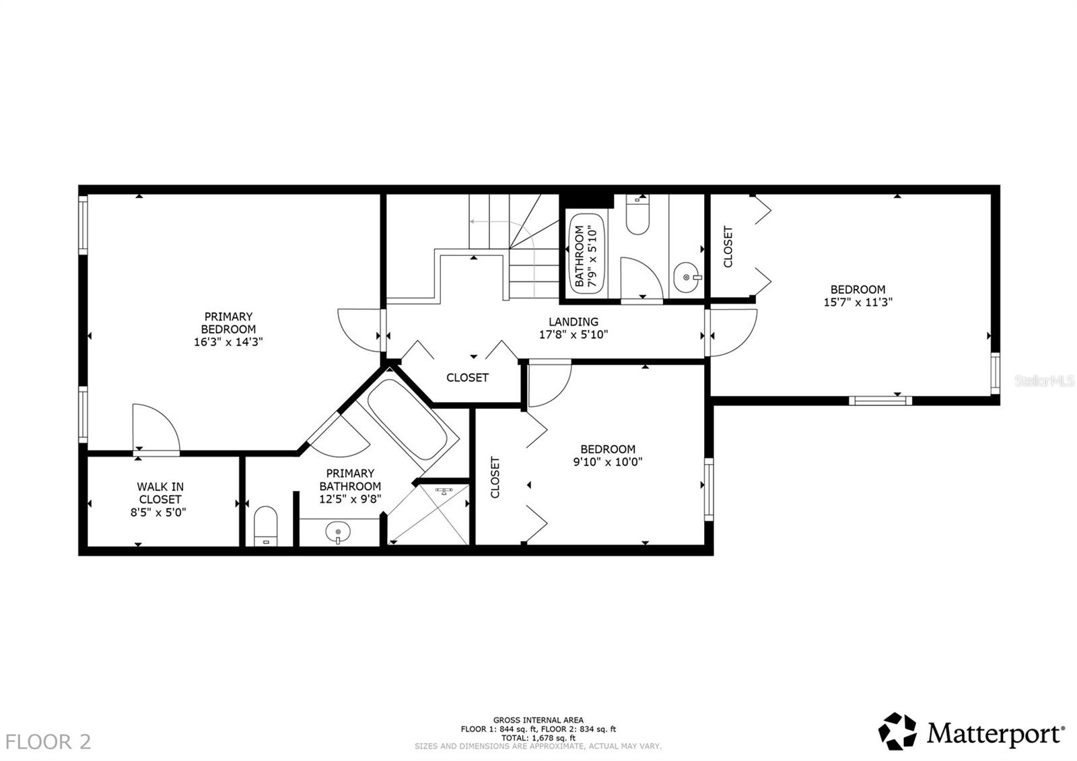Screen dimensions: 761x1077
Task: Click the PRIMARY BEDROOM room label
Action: [x=228, y=323]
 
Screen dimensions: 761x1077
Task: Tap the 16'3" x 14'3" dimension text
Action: [x=228, y=342]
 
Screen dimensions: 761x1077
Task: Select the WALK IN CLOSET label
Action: [x=160, y=493]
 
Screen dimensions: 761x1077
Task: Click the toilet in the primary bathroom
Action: [x=267, y=525]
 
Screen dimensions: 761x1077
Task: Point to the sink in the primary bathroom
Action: [x=338, y=533]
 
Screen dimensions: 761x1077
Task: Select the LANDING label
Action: [x=573, y=322]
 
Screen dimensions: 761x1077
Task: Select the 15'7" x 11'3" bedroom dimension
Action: [x=858, y=303]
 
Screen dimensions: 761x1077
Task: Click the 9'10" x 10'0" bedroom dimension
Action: [x=608, y=462]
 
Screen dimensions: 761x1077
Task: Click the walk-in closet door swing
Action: [x=155, y=428]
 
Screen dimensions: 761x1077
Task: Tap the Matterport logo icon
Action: [x=898, y=731]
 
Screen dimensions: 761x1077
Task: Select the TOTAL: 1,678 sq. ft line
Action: [x=538, y=737]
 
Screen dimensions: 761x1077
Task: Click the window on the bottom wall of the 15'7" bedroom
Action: [x=880, y=401]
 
